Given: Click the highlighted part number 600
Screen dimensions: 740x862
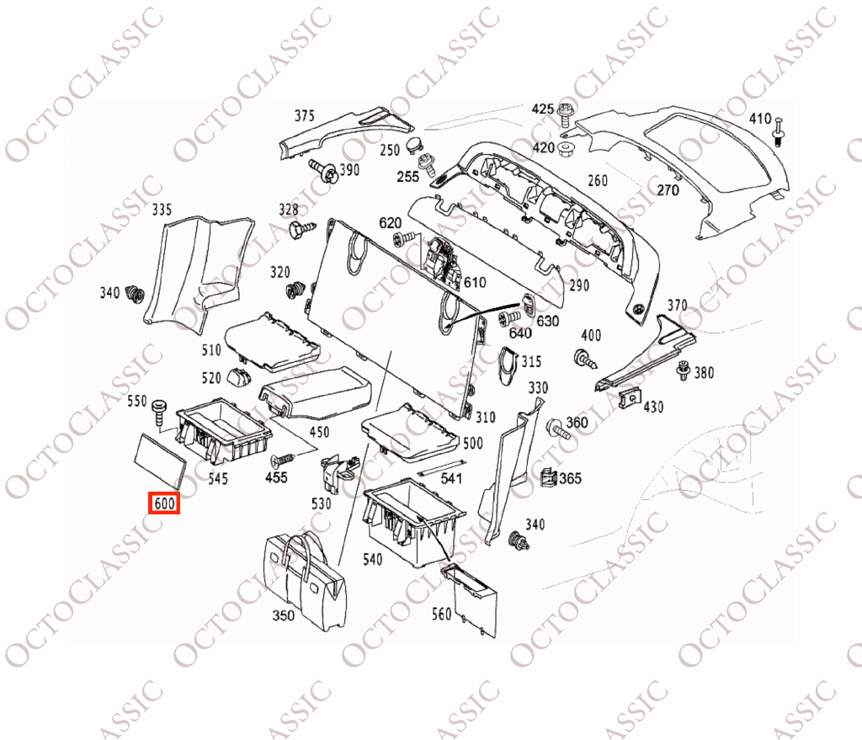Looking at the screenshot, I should click(x=164, y=503).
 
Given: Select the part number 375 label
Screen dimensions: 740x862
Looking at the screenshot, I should click(x=303, y=115).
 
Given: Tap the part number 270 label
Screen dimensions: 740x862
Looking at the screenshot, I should click(x=667, y=190).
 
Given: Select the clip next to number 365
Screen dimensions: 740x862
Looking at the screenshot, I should click(x=547, y=479).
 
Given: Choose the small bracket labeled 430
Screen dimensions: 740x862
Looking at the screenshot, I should click(x=627, y=399).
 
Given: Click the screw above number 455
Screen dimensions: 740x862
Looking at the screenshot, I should click(x=281, y=460).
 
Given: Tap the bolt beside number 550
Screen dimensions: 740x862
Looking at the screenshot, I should click(x=159, y=413).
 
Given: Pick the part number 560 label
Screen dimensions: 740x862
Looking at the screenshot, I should click(x=441, y=614).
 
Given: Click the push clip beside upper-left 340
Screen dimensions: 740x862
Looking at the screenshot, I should click(x=136, y=295).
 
